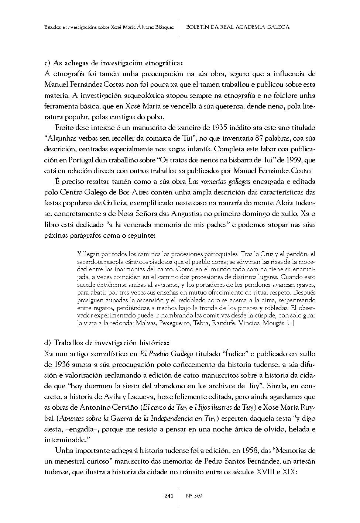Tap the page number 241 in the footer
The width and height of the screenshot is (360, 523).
tap(169, 496)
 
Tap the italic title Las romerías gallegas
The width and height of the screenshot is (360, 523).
tap(219, 182)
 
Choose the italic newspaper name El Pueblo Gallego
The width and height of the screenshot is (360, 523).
tap(167, 354)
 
